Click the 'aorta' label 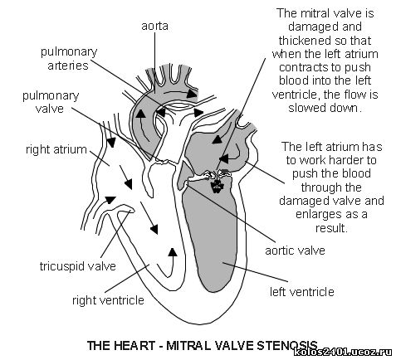pyautogui.click(x=154, y=26)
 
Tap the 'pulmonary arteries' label pyautogui.click(x=69, y=59)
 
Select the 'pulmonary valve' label pyautogui.click(x=51, y=102)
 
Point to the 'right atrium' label pyautogui.click(x=56, y=149)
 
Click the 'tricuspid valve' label pyautogui.click(x=78, y=266)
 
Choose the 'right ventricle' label pyautogui.click(x=108, y=300)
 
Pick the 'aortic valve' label pyautogui.click(x=295, y=251)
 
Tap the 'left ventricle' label pyautogui.click(x=302, y=292)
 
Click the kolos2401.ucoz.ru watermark pyautogui.click(x=343, y=352)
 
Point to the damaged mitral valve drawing pyautogui.click(x=217, y=180)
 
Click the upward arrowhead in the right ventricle pyautogui.click(x=173, y=252)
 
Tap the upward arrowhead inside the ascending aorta pyautogui.click(x=140, y=114)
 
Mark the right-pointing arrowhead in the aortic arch pyautogui.click(x=191, y=94)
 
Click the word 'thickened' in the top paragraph pyautogui.click(x=301, y=41)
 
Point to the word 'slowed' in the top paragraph pyautogui.click(x=306, y=107)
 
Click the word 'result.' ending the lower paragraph pyautogui.click(x=331, y=228)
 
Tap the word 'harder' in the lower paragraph pyautogui.click(x=345, y=160)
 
